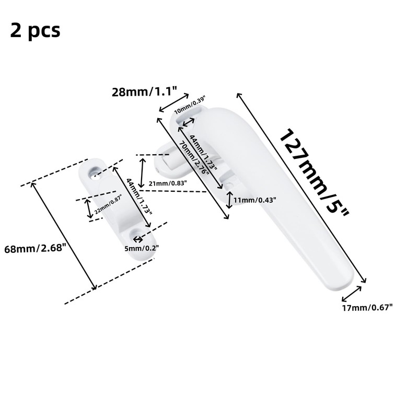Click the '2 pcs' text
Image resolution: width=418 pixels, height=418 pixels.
point(35,31)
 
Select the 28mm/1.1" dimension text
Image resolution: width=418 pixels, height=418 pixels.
point(144,92)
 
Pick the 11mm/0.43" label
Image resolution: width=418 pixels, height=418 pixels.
point(254,199)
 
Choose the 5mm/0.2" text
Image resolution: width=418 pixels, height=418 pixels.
point(142,248)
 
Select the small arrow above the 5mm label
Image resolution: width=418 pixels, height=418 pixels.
point(138,239)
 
